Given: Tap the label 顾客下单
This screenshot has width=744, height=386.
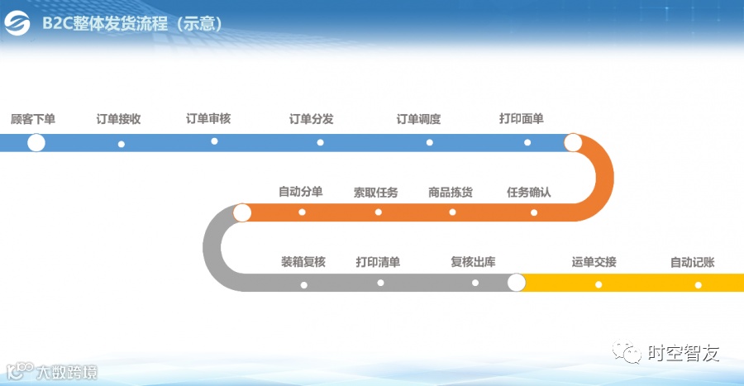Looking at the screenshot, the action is coord(33,119).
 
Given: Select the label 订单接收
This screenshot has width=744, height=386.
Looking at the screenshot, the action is coord(118,119).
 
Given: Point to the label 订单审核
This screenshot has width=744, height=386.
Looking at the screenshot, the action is coord(208,119).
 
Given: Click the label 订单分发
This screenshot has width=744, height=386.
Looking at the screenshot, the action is coord(311,119).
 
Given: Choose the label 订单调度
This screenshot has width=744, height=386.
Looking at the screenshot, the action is coord(418,119).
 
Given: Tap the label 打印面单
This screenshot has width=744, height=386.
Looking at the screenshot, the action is coord(522,119).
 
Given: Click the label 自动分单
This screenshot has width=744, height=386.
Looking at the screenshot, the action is coord(300,192).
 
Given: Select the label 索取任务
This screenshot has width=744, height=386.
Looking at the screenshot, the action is coord(376,193).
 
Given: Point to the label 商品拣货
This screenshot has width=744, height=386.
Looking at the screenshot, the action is coord(451,193).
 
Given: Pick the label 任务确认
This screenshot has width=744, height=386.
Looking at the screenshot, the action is coord(529,193).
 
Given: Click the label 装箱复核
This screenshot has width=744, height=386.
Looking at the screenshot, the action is coord(303,262).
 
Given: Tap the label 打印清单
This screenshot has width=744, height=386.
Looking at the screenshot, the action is coord(378,262).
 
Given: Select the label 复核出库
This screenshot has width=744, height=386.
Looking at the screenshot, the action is coord(473,262).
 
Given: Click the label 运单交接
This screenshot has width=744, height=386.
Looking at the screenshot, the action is coord(594,262).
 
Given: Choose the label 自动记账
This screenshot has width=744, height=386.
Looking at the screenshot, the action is coord(693,262).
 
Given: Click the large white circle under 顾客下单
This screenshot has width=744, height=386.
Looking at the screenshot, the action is coord(36,143).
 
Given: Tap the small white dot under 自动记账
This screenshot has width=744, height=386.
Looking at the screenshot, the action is coord(698,285).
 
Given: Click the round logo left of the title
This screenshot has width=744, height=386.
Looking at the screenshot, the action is coord(17,24).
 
